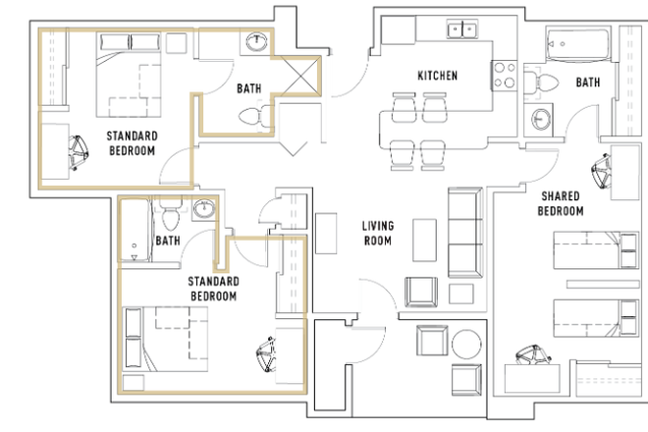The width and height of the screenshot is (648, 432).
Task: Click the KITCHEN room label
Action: [437, 76]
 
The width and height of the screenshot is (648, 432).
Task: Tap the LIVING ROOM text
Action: [378, 233]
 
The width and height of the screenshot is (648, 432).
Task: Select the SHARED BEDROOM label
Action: [561, 203]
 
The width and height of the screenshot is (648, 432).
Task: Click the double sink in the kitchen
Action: [462, 29]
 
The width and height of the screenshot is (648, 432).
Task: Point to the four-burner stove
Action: [505, 76]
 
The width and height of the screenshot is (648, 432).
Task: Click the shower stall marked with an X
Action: [300, 76]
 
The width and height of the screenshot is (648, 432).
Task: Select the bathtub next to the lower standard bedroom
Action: [135, 231]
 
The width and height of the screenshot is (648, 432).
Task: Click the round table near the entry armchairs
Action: [466, 344]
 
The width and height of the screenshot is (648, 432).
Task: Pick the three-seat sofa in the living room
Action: [465, 233]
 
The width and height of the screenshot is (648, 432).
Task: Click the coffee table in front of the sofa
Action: [424, 241]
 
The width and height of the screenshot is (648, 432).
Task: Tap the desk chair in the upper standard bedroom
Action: [79, 152]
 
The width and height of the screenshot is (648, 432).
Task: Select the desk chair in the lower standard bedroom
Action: [266, 354]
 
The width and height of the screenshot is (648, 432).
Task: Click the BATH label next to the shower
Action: [248, 88]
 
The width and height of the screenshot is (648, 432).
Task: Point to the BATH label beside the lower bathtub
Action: [168, 241]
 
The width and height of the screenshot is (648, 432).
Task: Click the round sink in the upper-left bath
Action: [256, 42]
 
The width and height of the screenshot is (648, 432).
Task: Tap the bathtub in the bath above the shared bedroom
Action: [577, 44]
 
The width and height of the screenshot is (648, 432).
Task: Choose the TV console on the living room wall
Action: [326, 234]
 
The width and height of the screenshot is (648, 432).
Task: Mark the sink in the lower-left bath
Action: [204, 209]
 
